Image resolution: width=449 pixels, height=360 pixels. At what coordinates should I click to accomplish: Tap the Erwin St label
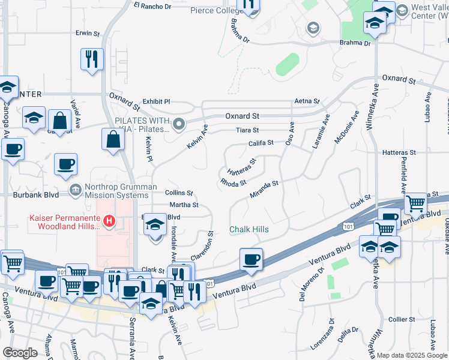[x=87, y=33]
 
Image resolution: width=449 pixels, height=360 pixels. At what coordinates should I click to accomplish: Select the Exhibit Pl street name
[x=156, y=102]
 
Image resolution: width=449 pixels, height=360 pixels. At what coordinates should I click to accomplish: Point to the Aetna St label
[x=306, y=102]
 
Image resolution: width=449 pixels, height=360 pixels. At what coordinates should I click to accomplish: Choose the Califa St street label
[x=261, y=143]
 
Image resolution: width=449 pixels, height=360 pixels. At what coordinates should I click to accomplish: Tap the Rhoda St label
[x=234, y=182]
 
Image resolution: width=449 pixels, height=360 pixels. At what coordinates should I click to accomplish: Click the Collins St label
[x=179, y=193]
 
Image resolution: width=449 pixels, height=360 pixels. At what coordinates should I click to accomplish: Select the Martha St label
[x=184, y=205]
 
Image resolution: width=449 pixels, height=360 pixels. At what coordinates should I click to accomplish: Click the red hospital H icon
[x=109, y=221]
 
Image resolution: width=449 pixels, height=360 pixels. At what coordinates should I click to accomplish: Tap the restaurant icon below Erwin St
[x=92, y=59]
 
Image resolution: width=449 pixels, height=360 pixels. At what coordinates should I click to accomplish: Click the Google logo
[x=20, y=353]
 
